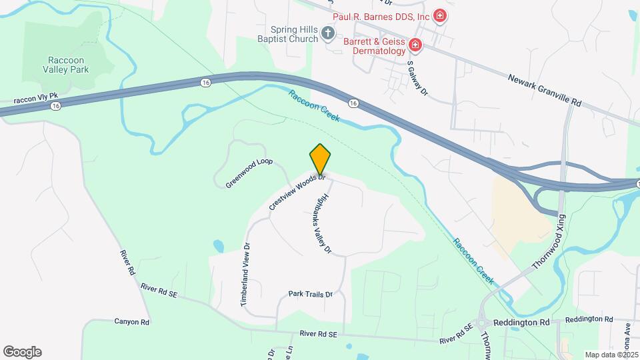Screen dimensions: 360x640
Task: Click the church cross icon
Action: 327,33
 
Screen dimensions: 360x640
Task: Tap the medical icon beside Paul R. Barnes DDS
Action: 439,15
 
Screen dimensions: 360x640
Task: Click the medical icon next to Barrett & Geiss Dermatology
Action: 415,45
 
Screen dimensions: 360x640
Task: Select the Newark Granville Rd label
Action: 545,90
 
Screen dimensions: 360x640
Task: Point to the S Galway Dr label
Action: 417,79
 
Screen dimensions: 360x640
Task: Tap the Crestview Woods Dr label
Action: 297,193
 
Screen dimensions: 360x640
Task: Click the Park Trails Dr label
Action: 310,294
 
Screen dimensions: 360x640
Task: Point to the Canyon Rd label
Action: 132,321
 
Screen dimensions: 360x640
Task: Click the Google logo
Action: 22,351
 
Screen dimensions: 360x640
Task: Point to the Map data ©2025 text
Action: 610,355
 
